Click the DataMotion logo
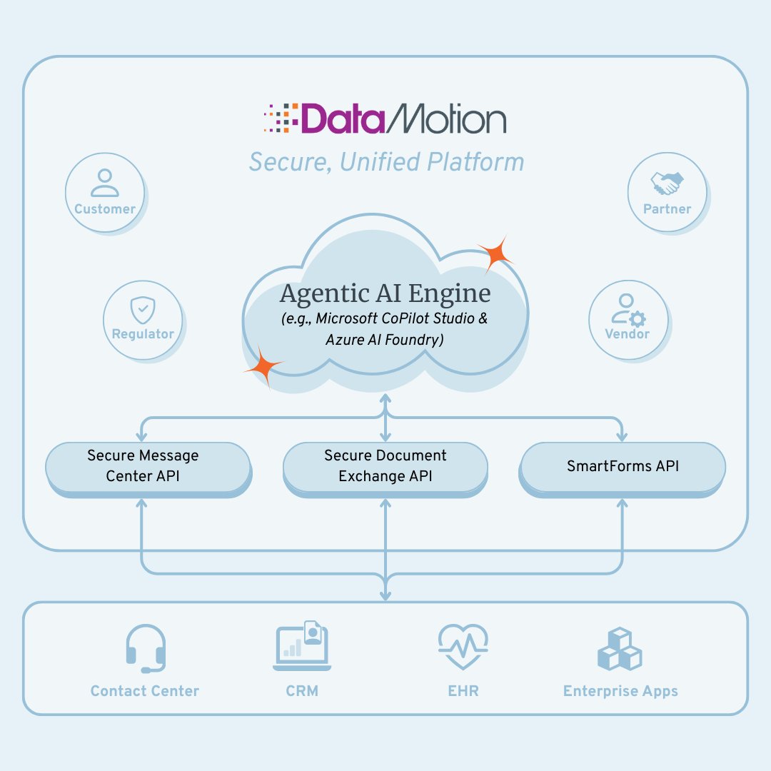(385, 119)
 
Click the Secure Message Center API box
(148, 465)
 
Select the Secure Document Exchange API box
(385, 465)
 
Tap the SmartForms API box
(623, 466)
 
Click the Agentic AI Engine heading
(385, 293)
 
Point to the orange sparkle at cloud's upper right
(495, 253)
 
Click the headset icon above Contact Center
(146, 648)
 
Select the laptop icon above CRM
(302, 647)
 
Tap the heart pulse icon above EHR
(463, 647)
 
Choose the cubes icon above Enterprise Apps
(619, 648)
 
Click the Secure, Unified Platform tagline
(386, 162)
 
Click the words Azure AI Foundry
(385, 340)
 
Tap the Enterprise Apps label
(620, 691)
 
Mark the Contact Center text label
(145, 691)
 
